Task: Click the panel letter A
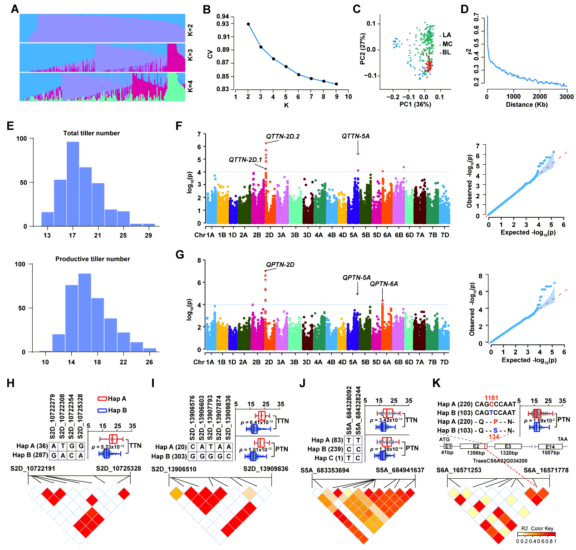pos(15,9)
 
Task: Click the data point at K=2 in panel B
pos(248,24)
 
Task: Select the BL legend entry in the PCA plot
pos(446,53)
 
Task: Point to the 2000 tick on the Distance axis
pos(540,96)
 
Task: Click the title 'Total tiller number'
pos(91,133)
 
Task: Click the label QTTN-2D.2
pos(283,136)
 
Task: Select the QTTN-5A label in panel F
pos(355,136)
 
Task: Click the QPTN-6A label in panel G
pos(384,284)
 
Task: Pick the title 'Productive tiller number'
pos(93,259)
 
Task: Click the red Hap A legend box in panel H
pos(102,398)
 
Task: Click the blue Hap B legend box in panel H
pos(102,410)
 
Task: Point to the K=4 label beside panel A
pos(190,86)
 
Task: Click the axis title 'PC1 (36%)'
pos(415,104)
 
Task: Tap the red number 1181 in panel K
pos(491,398)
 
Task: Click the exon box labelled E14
pos(550,447)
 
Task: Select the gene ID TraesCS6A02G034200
pos(500,461)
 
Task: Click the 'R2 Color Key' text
pos(537,528)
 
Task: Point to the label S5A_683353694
pos(325,470)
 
